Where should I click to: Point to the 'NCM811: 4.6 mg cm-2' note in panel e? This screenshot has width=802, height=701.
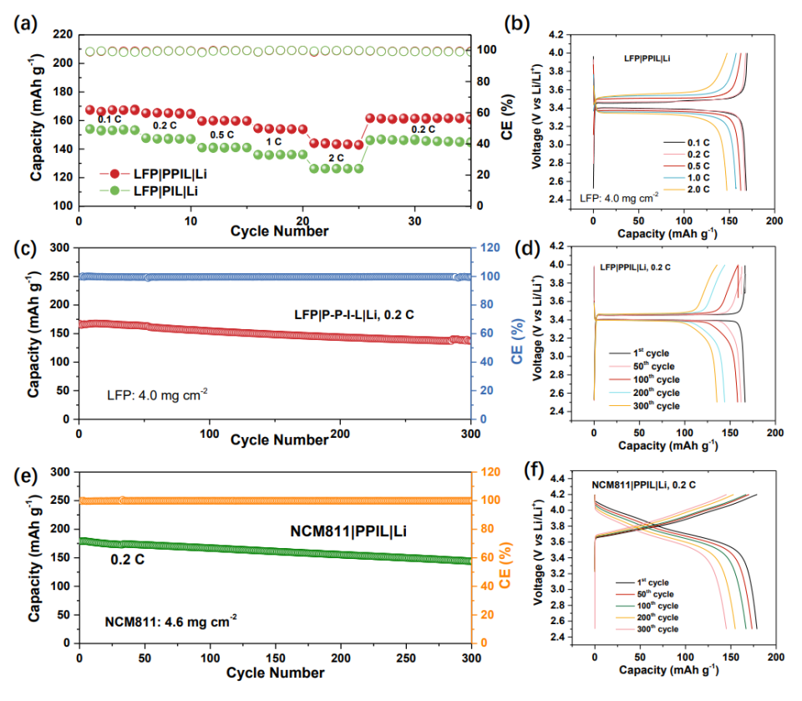[170, 620]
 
